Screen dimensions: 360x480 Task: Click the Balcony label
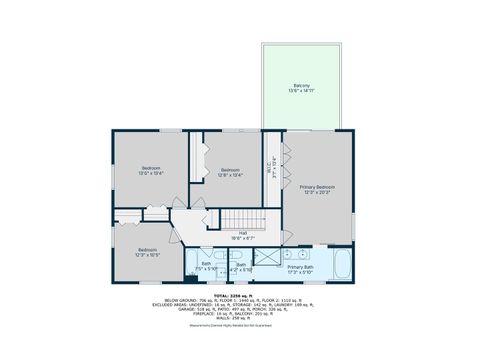tap(301, 85)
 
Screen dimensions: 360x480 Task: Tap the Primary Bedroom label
tap(319, 187)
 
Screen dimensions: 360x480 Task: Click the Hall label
tap(243, 233)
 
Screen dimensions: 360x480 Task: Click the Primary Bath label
tap(301, 267)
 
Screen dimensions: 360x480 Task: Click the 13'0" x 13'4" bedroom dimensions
tap(151, 174)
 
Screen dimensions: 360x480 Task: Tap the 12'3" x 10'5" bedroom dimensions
tap(148, 255)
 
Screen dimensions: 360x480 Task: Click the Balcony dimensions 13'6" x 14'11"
tap(301, 91)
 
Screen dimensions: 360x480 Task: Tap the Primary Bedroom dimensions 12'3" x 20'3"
tap(319, 193)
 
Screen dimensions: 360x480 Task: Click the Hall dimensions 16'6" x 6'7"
tap(243, 239)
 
